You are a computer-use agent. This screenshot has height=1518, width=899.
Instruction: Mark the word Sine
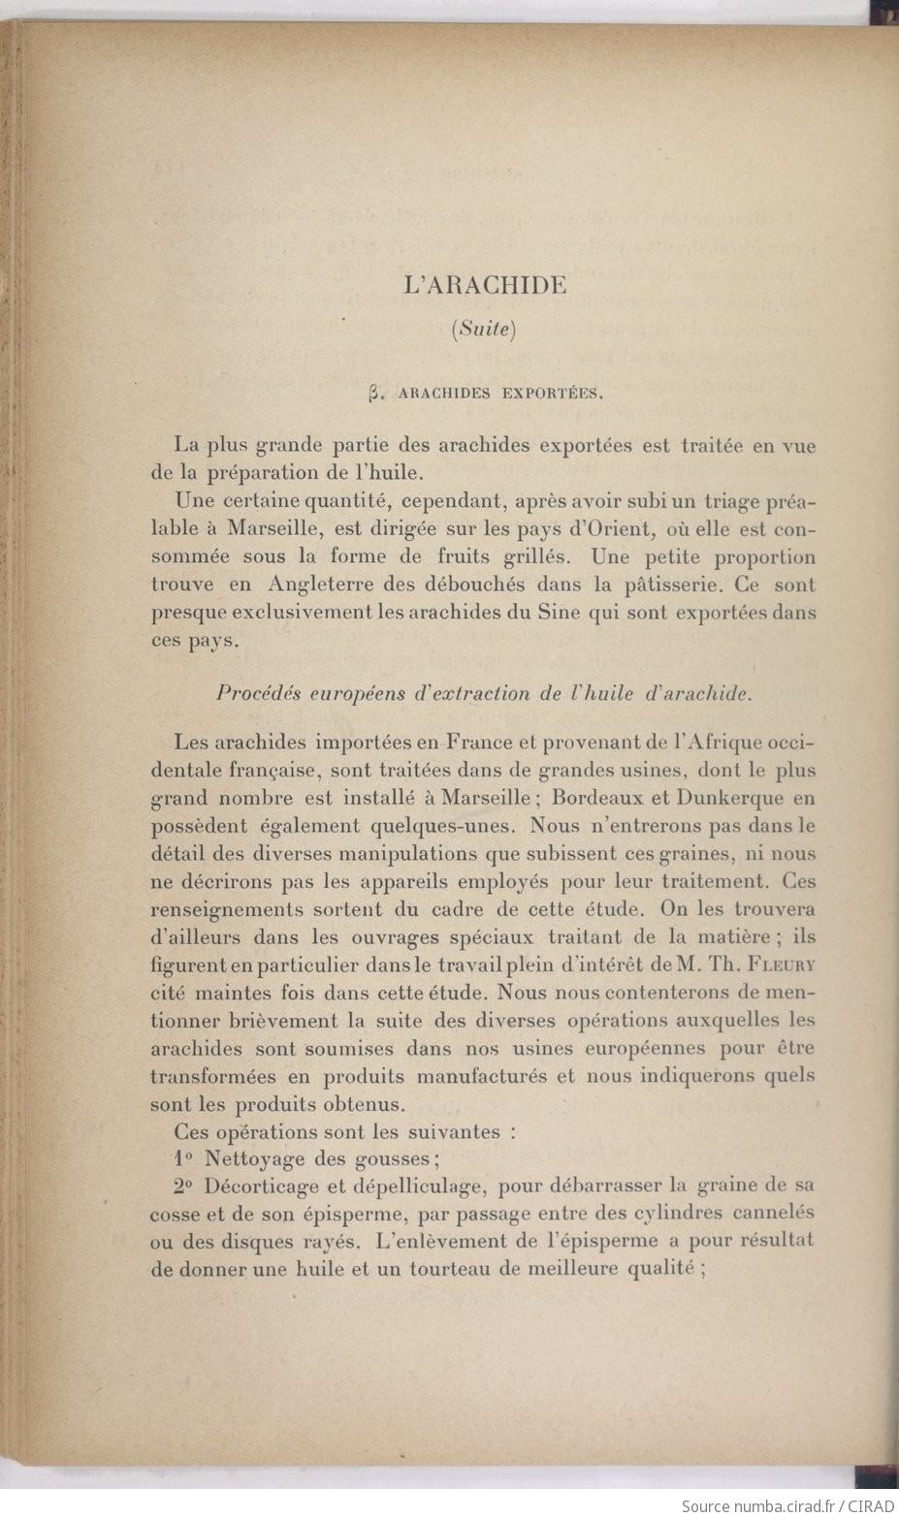point(560,613)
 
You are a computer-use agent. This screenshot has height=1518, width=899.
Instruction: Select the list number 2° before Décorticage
point(183,1185)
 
